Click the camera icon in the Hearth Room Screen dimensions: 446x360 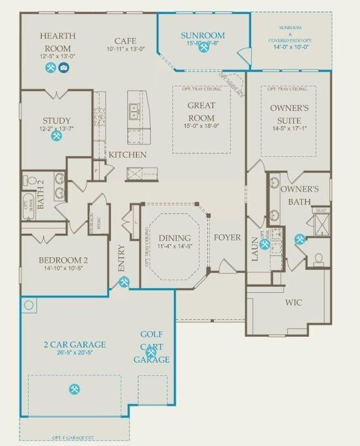pyautogui.click(x=63, y=68)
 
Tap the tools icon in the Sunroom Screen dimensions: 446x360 pyautogui.click(x=203, y=48)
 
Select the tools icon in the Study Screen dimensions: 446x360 pyautogui.click(x=56, y=136)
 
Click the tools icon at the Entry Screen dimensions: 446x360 pyautogui.click(x=124, y=282)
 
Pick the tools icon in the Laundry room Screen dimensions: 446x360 pyautogui.click(x=265, y=244)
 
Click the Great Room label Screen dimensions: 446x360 pyautogui.click(x=201, y=111)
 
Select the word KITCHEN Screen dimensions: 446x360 pyautogui.click(x=128, y=155)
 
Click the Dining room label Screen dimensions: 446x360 pyautogui.click(x=175, y=238)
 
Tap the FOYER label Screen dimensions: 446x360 pyautogui.click(x=227, y=238)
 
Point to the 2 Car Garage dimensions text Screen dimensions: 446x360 pyautogui.click(x=74, y=353)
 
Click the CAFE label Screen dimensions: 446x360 pyautogui.click(x=125, y=41)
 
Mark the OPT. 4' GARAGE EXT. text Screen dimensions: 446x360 pyautogui.click(x=73, y=437)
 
